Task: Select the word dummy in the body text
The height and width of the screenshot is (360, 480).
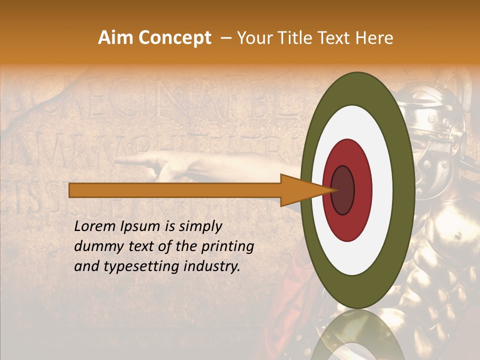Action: pyautogui.click(x=97, y=247)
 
